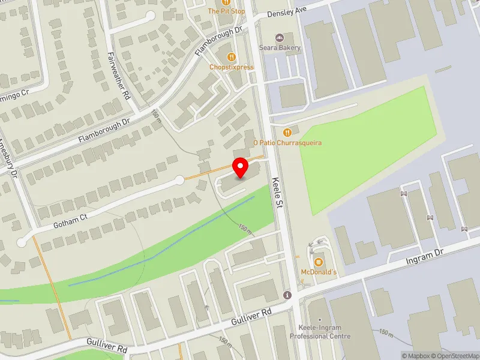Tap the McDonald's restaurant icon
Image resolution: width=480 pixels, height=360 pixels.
(x=319, y=262)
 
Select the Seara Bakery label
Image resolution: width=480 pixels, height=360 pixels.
(x=280, y=48)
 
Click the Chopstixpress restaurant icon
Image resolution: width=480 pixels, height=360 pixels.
(x=232, y=57)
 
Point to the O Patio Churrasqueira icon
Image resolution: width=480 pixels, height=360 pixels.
(x=287, y=132)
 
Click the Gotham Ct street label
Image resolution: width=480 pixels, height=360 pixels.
(x=70, y=218)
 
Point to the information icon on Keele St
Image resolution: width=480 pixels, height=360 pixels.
(x=288, y=295)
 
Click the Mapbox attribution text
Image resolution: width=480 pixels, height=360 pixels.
(x=415, y=356)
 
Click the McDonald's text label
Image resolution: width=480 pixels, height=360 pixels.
(x=319, y=273)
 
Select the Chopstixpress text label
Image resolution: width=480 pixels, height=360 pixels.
(x=232, y=67)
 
